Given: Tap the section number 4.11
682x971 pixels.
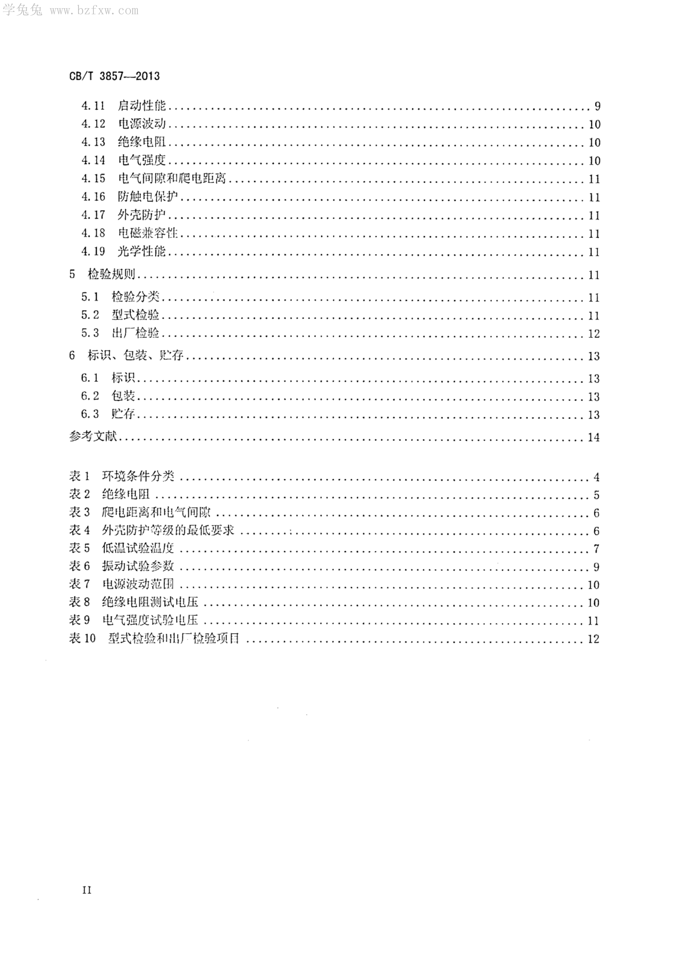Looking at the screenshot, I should point(93,106).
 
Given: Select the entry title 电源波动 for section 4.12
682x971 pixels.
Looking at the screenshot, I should point(142,124).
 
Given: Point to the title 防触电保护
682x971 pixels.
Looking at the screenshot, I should point(148,197).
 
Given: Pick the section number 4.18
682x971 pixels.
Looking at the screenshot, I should point(93,233).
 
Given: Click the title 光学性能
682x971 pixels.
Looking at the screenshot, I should point(142,252).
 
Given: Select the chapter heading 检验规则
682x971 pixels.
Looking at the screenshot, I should point(111,274).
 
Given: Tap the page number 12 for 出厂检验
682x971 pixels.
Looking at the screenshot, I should point(594,334).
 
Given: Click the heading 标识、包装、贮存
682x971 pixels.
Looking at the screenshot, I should point(135,356).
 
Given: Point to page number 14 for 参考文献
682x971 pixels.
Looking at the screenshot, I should point(594,437).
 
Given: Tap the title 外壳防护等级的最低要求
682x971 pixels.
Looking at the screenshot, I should point(168,530).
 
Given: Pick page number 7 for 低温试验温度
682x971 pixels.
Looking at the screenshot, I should point(596,549).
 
